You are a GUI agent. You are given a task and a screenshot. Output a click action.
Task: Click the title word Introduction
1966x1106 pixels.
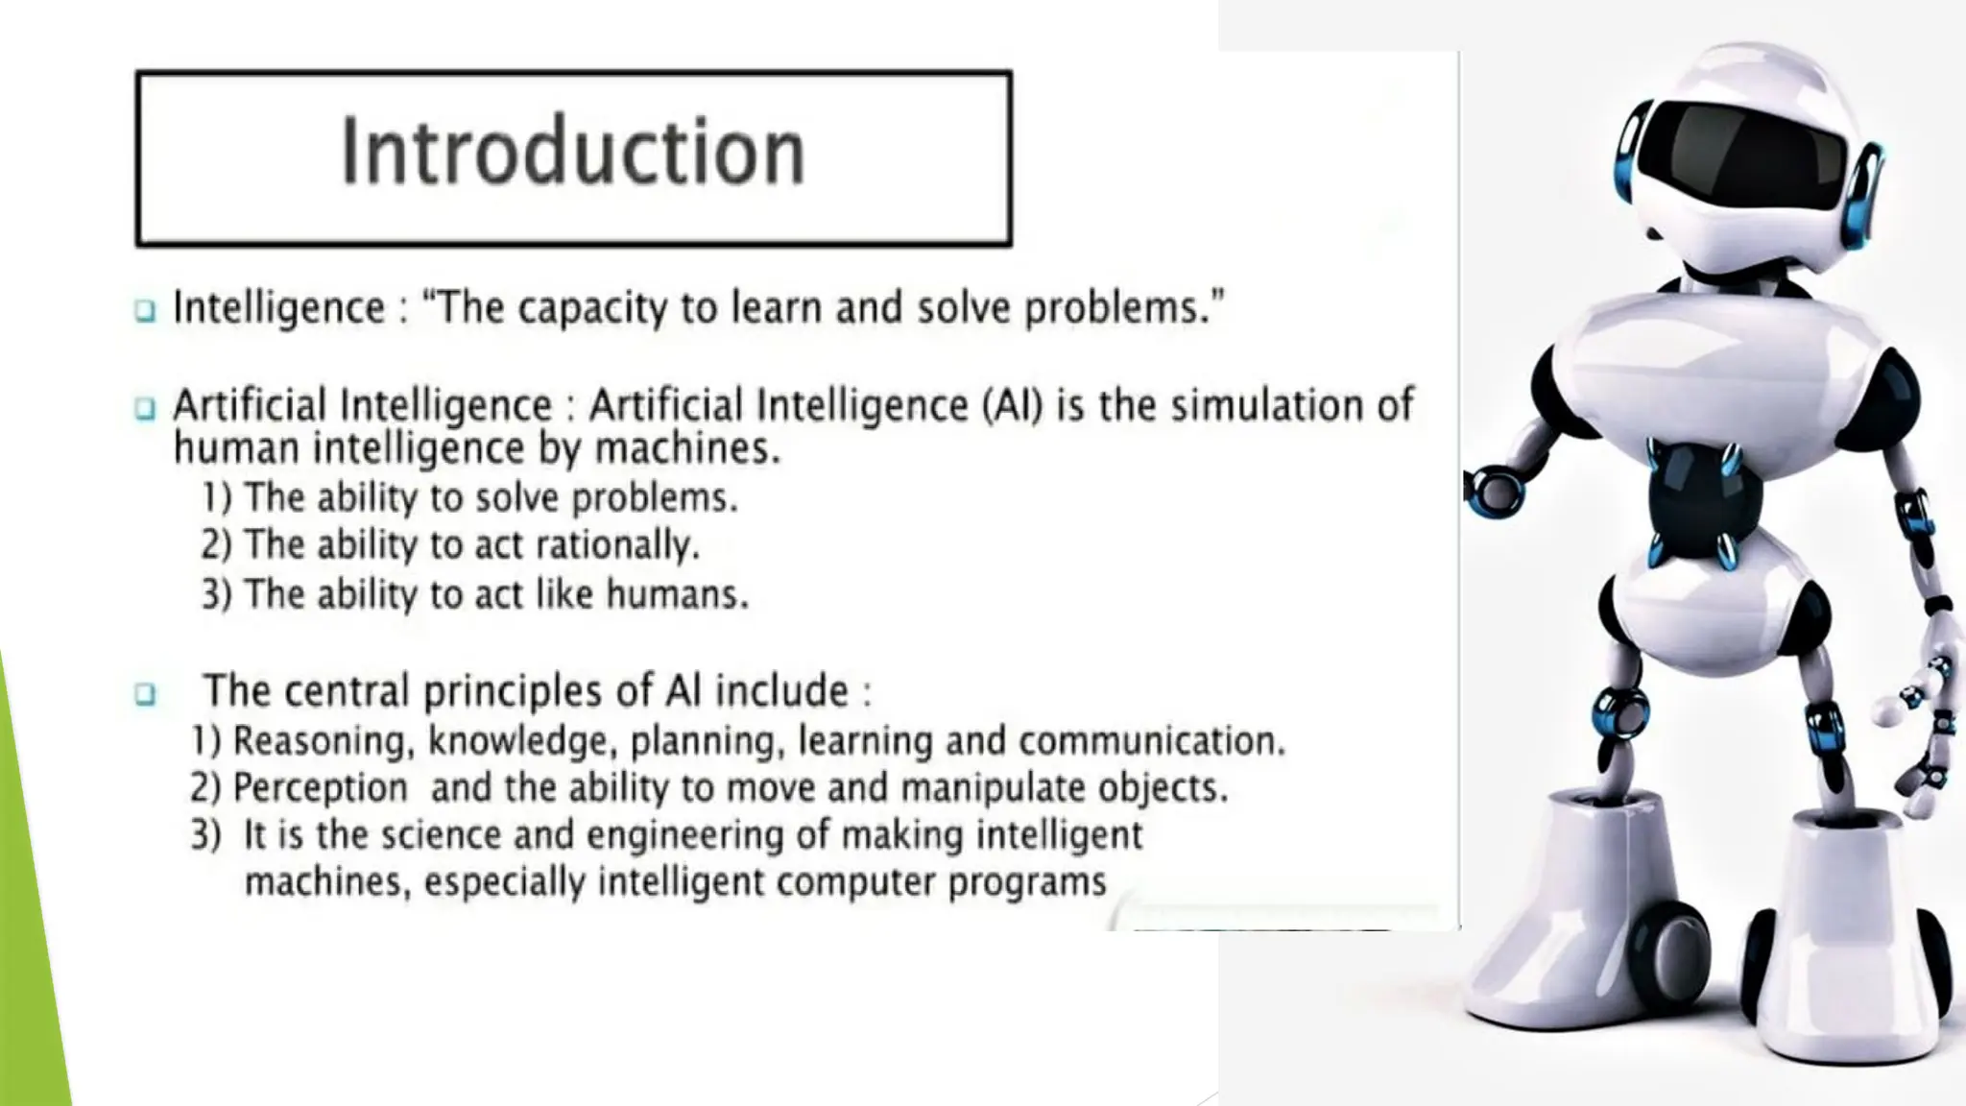pyautogui.click(x=573, y=153)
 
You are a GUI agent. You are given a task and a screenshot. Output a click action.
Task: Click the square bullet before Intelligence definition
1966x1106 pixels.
pyautogui.click(x=145, y=310)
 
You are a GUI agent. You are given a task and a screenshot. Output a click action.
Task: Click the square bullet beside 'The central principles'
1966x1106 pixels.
pyautogui.click(x=145, y=693)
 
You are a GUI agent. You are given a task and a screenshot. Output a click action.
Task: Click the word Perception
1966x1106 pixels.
pyautogui.click(x=321, y=788)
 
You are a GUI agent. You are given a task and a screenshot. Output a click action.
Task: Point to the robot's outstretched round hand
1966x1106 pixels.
pyautogui.click(x=1493, y=491)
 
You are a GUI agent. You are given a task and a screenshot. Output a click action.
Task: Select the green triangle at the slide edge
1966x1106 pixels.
pyautogui.click(x=29, y=912)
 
